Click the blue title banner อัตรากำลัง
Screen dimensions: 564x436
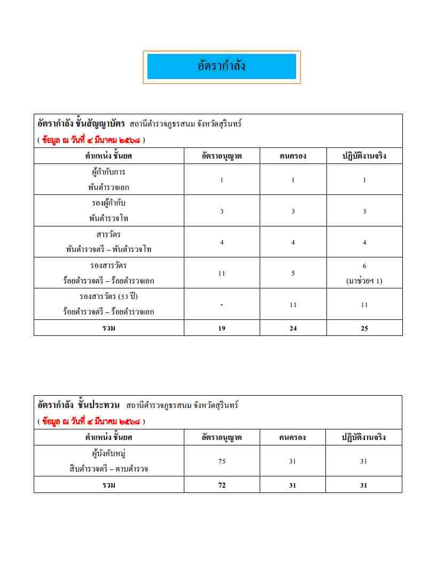[x=221, y=67]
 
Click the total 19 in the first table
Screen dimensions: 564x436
[x=222, y=328]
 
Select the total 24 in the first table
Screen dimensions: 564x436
[x=293, y=328]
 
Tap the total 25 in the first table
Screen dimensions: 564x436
[x=364, y=328]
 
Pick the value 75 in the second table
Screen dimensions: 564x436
[x=222, y=461]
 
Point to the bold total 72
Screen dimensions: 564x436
[x=222, y=485]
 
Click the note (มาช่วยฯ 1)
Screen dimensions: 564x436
[x=364, y=281]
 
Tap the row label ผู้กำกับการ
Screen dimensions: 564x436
[x=108, y=173]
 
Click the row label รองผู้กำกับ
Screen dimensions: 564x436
[x=108, y=203]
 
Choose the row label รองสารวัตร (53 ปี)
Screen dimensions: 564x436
[x=108, y=296]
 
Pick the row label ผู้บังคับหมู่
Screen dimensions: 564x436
[x=108, y=454]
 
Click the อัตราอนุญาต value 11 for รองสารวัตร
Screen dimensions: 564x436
[x=222, y=273]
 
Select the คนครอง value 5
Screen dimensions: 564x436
[x=293, y=273]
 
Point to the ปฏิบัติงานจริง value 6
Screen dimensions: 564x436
[x=364, y=266]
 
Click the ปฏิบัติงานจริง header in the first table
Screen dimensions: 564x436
[x=364, y=156]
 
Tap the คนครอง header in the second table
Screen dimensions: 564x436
[x=292, y=437]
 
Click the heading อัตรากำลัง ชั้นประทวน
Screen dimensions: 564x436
[x=79, y=405]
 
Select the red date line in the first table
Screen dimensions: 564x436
[x=91, y=140]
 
